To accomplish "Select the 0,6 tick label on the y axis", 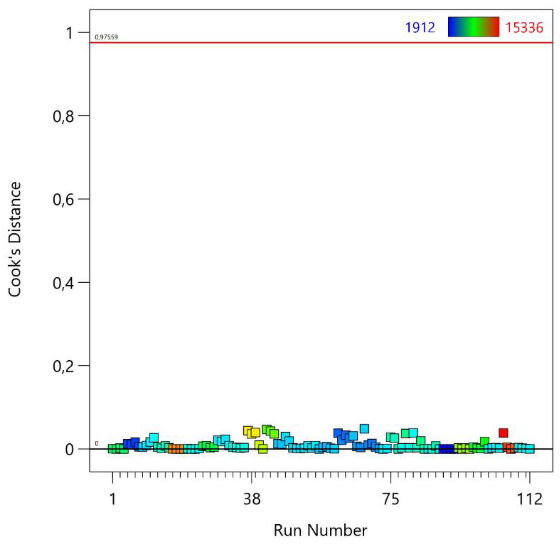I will pos(64,199).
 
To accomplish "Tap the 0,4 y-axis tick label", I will pos(64,283).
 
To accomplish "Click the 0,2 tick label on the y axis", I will pos(64,367).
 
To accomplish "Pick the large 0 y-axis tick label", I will pos(69,450).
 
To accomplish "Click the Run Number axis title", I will pos(320,530).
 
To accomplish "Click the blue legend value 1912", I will pos(420,28).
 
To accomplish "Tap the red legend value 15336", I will pos(524,28).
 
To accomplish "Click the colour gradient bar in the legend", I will pos(474,27).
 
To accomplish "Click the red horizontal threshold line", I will pos(316,42).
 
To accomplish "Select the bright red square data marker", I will pos(503,433).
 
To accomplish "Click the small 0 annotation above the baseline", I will pos(97,444).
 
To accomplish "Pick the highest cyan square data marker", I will pos(364,429).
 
